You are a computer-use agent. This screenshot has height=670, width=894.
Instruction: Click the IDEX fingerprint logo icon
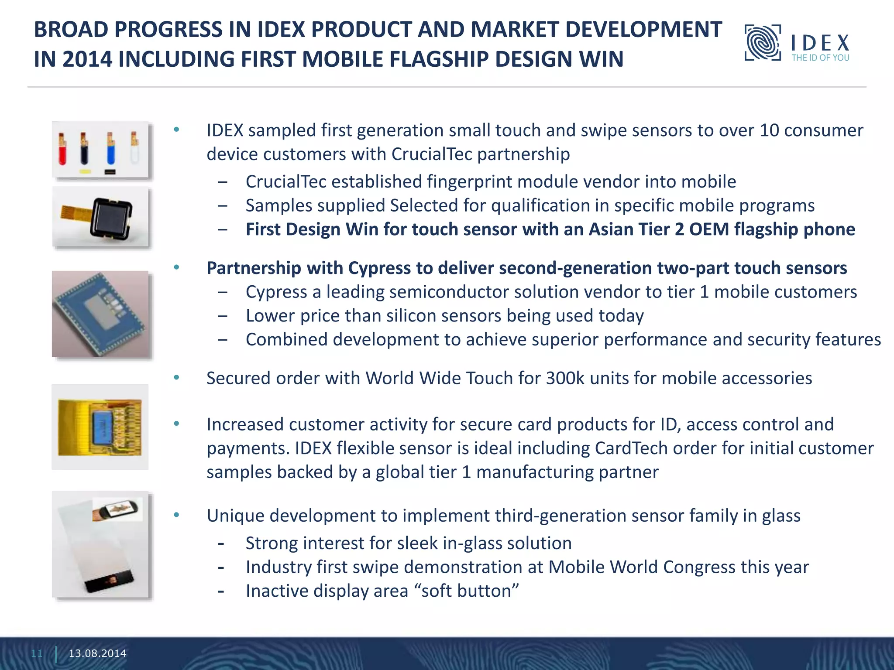click(x=763, y=43)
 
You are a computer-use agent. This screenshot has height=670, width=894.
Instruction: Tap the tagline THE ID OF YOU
click(x=820, y=58)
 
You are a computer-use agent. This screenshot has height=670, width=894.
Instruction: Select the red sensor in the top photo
click(x=62, y=150)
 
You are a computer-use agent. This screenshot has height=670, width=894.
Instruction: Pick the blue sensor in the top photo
click(x=111, y=150)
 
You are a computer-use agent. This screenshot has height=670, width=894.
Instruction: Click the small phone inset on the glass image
click(x=117, y=509)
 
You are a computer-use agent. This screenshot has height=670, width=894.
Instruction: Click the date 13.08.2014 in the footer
click(x=97, y=653)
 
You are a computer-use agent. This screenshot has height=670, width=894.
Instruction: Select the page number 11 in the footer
click(x=37, y=653)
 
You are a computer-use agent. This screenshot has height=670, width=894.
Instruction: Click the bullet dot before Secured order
click(x=176, y=378)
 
